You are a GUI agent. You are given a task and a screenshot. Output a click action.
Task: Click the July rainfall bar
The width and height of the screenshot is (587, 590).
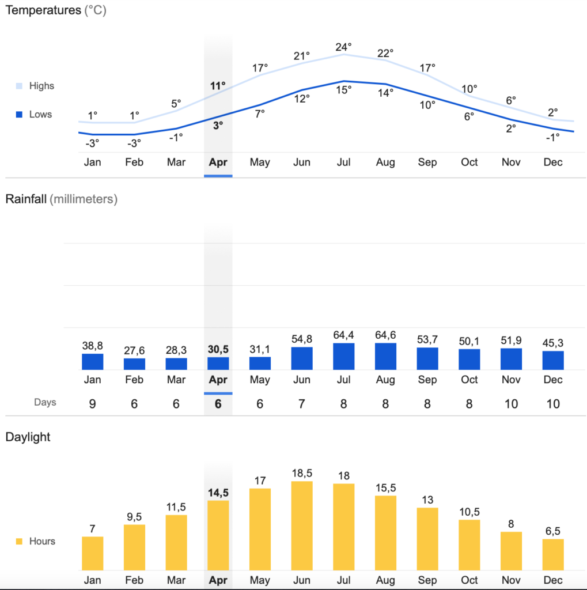coord(343,356)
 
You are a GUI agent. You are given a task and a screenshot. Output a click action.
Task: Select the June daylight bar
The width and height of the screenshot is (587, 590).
coord(301,525)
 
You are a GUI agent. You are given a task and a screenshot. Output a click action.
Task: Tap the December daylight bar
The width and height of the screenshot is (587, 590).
coord(553,554)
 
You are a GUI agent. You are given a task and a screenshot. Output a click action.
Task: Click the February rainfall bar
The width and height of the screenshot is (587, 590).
coord(134,364)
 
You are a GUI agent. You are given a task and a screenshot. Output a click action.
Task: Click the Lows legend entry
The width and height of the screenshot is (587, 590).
coord(33,114)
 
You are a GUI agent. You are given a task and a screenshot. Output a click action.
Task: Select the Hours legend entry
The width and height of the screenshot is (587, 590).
coord(36,541)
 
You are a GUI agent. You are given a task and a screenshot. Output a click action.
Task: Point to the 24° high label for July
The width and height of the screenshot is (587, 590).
coord(344,47)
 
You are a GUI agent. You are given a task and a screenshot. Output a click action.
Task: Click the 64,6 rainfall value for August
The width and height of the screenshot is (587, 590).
coord(385,335)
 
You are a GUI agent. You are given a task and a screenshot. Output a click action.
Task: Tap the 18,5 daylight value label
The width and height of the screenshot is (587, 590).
coord(301,473)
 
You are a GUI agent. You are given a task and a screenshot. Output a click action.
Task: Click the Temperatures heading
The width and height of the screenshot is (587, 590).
coord(43,10)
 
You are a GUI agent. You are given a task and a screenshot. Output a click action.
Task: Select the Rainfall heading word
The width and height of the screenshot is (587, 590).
coord(26,199)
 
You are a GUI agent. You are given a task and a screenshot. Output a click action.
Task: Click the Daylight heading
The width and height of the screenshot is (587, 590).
coord(28,437)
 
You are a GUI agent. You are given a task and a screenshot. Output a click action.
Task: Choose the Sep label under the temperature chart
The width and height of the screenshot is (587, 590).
coord(427,162)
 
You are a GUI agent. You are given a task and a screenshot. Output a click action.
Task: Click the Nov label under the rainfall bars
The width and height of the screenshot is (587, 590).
coord(511,380)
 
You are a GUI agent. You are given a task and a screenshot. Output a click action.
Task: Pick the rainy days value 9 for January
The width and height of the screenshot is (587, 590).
coord(92,404)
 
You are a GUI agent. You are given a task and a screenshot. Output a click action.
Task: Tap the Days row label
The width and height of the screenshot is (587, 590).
coord(45,402)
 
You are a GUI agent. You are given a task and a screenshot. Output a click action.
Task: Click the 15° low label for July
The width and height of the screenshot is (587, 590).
coord(344,89)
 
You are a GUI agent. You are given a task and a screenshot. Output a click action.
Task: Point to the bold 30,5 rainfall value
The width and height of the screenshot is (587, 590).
coord(218,349)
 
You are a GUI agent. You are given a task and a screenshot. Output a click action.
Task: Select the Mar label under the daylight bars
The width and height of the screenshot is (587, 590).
coord(176,580)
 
